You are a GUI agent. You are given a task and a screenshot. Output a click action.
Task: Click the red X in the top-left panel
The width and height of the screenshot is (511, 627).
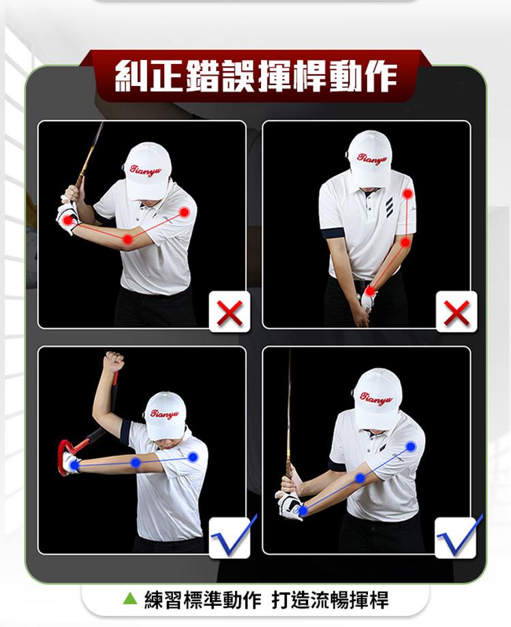point(230,313)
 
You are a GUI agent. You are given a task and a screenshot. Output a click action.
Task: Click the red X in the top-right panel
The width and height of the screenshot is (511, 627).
point(456,313)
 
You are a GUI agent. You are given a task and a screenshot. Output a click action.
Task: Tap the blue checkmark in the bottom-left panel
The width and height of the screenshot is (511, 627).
point(234,536)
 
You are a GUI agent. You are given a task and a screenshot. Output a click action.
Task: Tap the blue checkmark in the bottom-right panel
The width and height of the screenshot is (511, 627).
point(460,536)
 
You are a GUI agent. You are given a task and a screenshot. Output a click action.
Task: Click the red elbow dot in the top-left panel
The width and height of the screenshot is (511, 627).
point(127,239)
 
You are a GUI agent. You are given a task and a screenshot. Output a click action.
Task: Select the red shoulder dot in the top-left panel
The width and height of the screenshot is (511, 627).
point(185,212)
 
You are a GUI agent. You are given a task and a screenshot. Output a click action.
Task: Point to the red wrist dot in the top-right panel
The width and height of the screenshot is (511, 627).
point(370,291)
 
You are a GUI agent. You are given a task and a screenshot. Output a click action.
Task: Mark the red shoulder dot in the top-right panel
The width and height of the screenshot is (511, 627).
point(407,194)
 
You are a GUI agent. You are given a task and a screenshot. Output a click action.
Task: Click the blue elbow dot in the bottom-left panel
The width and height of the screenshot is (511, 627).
point(136,463)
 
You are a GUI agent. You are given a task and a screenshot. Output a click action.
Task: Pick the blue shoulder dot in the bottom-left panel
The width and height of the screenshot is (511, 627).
point(193,457)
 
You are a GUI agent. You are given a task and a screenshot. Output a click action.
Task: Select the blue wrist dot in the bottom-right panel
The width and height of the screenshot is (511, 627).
point(303,510)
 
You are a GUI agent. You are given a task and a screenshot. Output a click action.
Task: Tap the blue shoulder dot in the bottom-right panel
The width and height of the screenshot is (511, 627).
point(411,446)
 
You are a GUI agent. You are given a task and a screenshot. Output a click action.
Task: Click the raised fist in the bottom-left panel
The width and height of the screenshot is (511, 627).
point(114,361)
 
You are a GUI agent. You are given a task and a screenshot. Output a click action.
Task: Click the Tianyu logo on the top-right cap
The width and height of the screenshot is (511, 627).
point(372,159)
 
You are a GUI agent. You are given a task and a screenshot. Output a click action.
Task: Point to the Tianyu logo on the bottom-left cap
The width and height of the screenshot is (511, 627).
point(164,414)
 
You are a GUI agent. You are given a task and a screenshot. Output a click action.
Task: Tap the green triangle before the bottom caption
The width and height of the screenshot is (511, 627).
point(130,598)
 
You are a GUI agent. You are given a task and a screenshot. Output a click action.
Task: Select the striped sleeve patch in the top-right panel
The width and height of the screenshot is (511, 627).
point(389,207)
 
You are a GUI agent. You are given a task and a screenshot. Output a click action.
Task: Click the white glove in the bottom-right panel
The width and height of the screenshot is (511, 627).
point(290,505)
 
